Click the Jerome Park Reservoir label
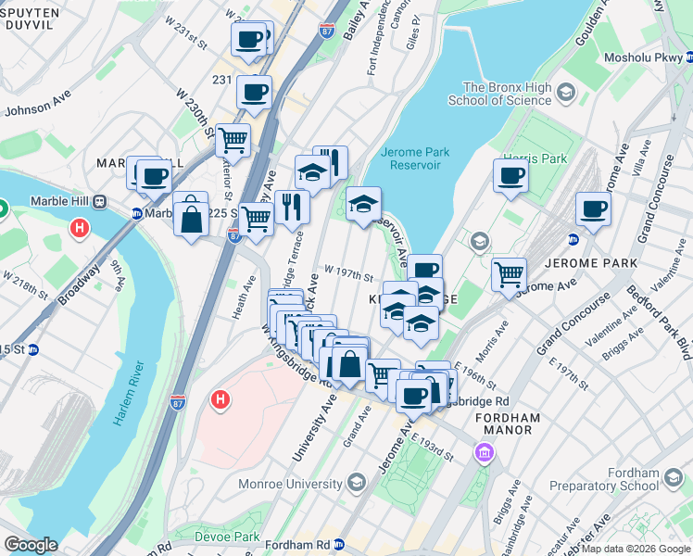pyautogui.click(x=414, y=159)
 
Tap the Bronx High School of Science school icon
pyautogui.click(x=566, y=94)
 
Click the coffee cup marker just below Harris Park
pyautogui.click(x=510, y=176)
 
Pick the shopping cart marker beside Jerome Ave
pyautogui.click(x=509, y=274)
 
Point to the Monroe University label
pyautogui.click(x=290, y=483)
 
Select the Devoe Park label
pyautogui.click(x=227, y=537)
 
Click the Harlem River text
pyautogui.click(x=130, y=390)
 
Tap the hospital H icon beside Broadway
pyautogui.click(x=81, y=226)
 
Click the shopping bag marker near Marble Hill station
pyautogui.click(x=191, y=219)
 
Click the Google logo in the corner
pyautogui.click(x=30, y=545)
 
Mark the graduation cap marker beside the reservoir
pyautogui.click(x=363, y=206)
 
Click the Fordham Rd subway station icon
pyautogui.click(x=339, y=545)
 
